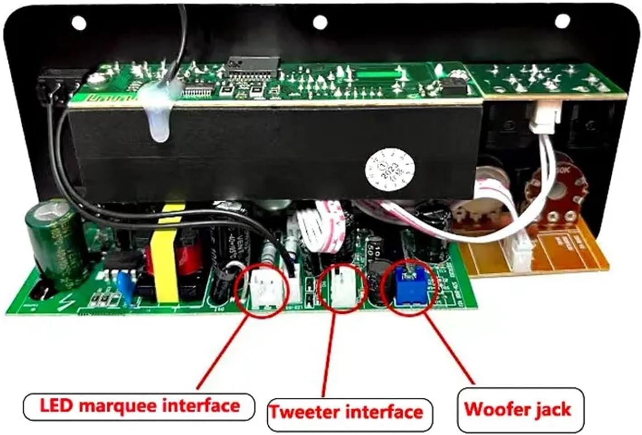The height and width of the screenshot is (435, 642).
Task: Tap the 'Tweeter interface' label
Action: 346,412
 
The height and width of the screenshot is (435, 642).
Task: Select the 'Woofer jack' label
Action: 518,409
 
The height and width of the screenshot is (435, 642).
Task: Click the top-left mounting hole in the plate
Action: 79,21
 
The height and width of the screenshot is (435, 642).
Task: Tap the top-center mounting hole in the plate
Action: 320,21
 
